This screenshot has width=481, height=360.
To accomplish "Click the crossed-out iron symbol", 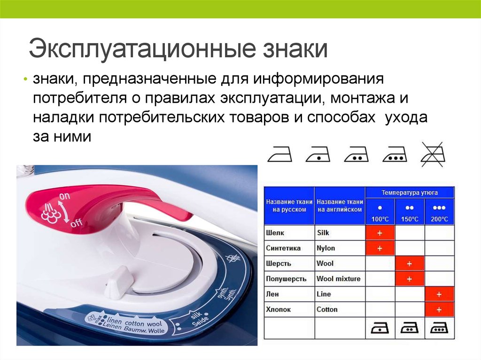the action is (433, 154).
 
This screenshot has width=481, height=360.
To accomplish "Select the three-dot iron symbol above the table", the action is (395, 154).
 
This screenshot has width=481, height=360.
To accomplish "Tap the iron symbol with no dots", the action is (279, 154).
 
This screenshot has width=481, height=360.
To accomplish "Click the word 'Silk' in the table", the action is (323, 233).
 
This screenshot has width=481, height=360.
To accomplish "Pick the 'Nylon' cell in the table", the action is (340, 248).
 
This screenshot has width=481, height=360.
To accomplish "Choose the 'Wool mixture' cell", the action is (340, 279).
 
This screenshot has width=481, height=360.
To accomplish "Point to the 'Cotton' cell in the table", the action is (340, 309).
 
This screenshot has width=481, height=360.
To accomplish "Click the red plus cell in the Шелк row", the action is (380, 233).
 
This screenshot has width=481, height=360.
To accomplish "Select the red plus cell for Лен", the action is (439, 294).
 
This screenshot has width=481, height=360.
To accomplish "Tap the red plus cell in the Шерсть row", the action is (410, 264).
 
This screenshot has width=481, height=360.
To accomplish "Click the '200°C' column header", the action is (439, 219).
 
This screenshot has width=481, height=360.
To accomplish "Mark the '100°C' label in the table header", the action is (380, 219).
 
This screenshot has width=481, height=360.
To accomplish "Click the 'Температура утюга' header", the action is (410, 192).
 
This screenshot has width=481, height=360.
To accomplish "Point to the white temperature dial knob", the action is (119, 283).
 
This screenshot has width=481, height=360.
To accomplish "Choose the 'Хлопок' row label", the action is (278, 309).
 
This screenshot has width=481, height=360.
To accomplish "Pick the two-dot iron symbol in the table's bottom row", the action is (410, 328).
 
